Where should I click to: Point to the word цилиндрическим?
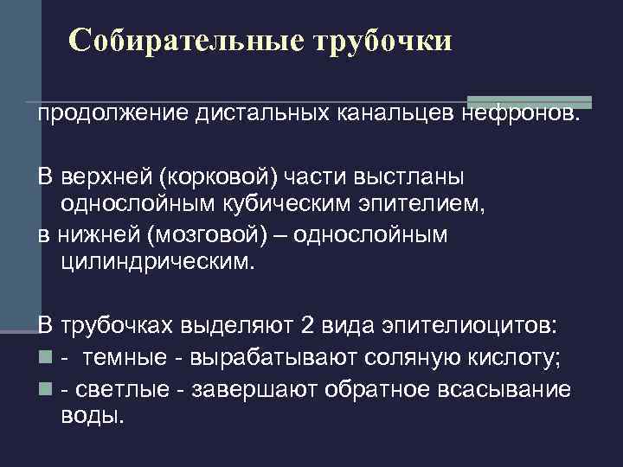pos(158,261)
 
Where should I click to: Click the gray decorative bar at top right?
pos(529,102)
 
